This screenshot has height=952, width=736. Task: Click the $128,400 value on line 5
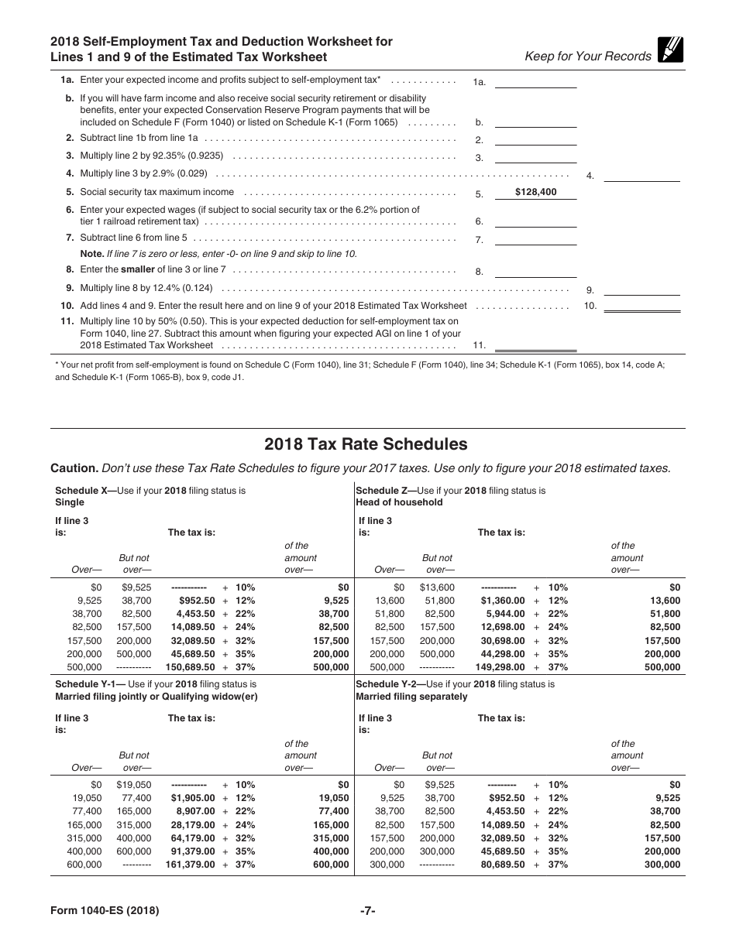coord(535,193)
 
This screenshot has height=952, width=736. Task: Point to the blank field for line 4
coord(641,175)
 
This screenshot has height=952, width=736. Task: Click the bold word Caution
coord(74,468)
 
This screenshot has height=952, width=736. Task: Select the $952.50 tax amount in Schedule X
coord(197,601)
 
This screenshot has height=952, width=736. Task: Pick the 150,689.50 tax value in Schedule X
coord(190,667)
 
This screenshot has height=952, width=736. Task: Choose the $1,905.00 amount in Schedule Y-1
coord(193,798)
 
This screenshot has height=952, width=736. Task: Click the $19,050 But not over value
coord(134,785)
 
